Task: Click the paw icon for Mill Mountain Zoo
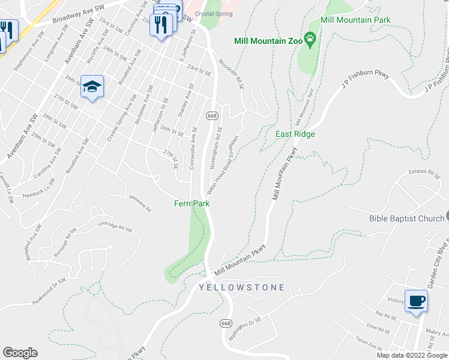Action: pyautogui.click(x=310, y=40)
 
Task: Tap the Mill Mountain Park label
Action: pyautogui.click(x=355, y=20)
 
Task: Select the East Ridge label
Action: pyautogui.click(x=295, y=134)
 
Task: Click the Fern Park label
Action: pyautogui.click(x=192, y=204)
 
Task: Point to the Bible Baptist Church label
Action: pyautogui.click(x=406, y=218)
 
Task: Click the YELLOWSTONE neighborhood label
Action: pyautogui.click(x=242, y=288)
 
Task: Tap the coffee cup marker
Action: pyautogui.click(x=416, y=301)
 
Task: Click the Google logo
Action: pyautogui.click(x=20, y=353)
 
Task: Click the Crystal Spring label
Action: pyautogui.click(x=213, y=14)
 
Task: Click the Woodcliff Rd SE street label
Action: pyautogui.click(x=232, y=74)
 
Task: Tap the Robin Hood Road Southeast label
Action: pyautogui.click(x=223, y=164)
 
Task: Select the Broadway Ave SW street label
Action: pyautogui.click(x=74, y=16)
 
